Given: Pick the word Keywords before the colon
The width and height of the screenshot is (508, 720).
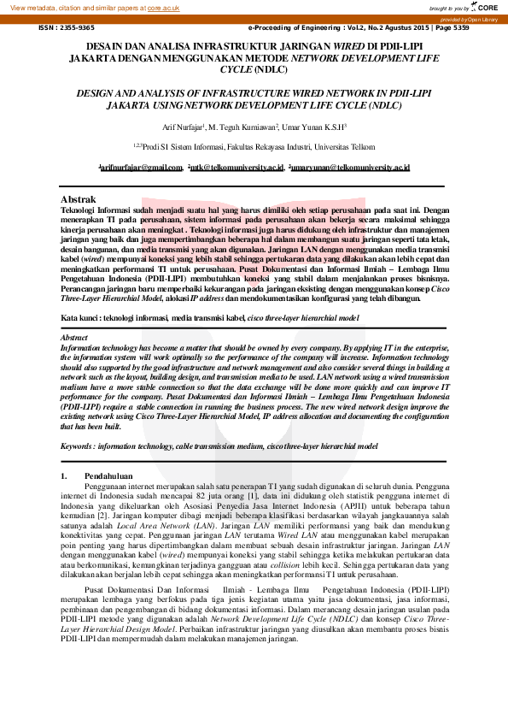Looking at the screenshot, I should [79, 446].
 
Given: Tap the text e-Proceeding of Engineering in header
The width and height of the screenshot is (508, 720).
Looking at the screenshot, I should [294, 27].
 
